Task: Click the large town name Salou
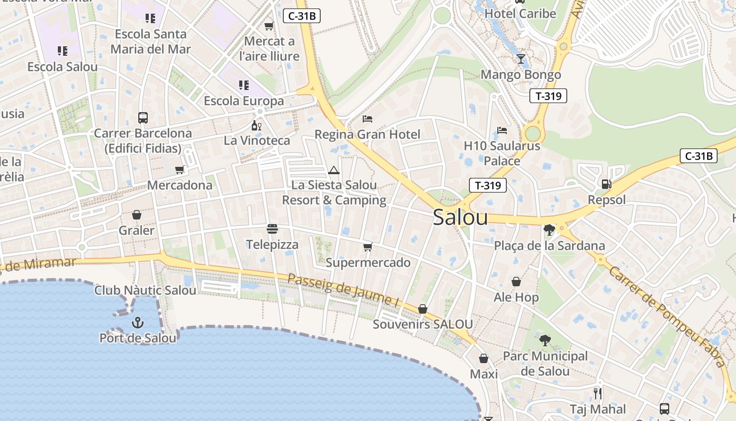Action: point(460,217)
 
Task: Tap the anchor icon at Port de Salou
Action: point(138,322)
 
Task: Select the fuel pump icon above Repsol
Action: point(606,184)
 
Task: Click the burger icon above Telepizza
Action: point(272,229)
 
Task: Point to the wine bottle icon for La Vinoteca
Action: point(257,125)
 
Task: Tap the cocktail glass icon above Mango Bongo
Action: point(520,59)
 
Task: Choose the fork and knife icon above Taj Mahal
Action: point(597,393)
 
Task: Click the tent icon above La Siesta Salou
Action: point(334,170)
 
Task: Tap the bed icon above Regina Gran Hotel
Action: point(367,119)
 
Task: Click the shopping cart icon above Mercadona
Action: point(180,169)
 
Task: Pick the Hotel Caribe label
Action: point(520,14)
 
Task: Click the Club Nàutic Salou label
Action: point(145,290)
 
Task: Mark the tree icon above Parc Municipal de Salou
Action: point(545,340)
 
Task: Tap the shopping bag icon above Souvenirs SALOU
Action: point(423,309)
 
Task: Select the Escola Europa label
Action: point(244,101)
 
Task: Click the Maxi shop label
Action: point(484,374)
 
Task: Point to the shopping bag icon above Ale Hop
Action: point(516,282)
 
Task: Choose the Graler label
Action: point(137,230)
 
